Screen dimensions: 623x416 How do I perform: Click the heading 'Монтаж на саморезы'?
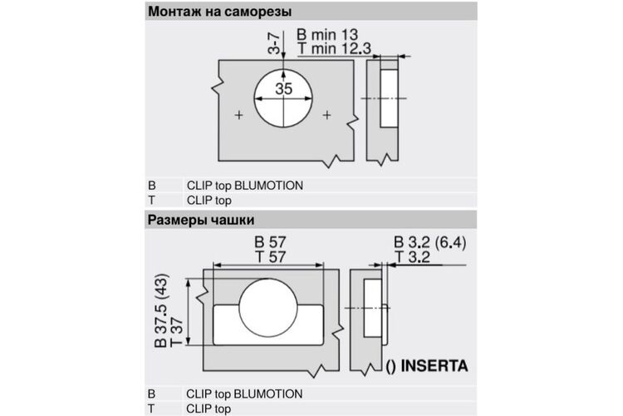click(220, 12)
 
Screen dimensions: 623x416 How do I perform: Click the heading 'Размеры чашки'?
click(201, 220)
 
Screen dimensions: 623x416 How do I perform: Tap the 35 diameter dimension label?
click(284, 88)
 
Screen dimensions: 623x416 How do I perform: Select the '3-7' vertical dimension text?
click(274, 43)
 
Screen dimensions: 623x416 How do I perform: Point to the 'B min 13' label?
click(327, 34)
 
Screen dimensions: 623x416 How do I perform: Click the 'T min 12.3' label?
click(334, 48)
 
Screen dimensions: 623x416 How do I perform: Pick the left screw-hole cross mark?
click(238, 116)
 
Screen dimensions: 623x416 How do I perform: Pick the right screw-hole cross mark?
click(327, 116)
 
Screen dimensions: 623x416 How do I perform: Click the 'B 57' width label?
click(270, 242)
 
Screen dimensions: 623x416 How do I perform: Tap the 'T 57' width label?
click(271, 257)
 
